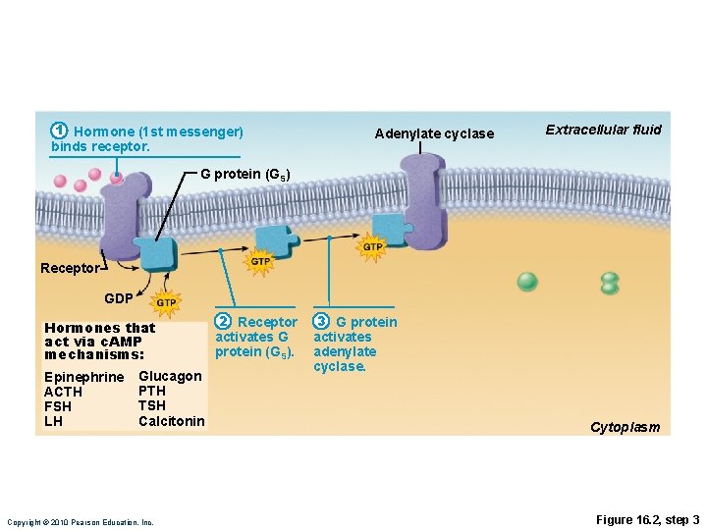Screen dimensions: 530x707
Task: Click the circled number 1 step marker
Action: click(x=60, y=131)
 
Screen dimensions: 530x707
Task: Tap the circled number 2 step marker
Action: click(x=224, y=322)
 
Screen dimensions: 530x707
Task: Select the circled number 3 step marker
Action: click(x=321, y=322)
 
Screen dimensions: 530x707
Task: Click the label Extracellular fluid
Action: click(x=603, y=130)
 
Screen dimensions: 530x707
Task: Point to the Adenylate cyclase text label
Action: click(x=434, y=133)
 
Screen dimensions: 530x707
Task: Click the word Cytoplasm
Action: click(x=625, y=427)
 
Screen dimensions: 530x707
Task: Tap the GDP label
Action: click(x=119, y=297)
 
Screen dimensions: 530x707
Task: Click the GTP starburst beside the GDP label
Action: click(x=166, y=302)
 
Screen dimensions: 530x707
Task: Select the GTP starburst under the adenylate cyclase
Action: click(x=372, y=247)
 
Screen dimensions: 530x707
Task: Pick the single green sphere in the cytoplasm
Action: click(x=527, y=282)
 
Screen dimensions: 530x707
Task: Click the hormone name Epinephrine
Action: click(x=84, y=378)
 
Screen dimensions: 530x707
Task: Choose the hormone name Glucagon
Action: click(x=170, y=376)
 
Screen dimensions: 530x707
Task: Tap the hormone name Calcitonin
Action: click(x=172, y=421)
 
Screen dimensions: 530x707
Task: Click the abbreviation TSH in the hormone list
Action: click(x=152, y=405)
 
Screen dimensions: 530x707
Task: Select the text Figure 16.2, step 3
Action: click(x=647, y=519)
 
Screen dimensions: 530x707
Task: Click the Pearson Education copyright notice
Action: click(x=80, y=522)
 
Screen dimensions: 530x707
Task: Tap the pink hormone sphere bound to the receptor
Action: click(x=117, y=178)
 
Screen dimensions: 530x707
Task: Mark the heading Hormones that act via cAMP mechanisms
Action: click(x=100, y=341)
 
